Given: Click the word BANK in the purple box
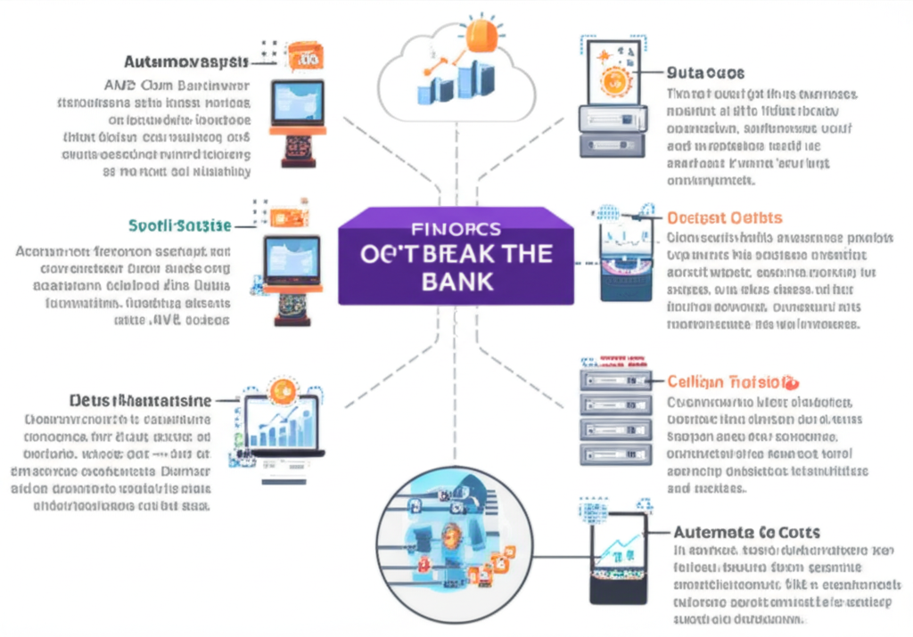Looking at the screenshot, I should (x=456, y=282).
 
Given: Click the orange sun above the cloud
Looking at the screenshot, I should (x=481, y=37).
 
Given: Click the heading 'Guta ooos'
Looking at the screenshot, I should (x=705, y=72).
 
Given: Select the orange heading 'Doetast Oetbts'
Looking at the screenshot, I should (x=724, y=217).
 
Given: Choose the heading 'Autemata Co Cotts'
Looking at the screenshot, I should (x=746, y=532).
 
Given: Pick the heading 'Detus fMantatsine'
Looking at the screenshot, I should (x=140, y=400).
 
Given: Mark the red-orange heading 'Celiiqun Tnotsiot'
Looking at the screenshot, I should (x=727, y=381).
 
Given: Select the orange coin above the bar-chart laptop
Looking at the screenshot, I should (x=284, y=388).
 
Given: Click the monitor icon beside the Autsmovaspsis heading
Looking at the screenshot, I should (x=298, y=106).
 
